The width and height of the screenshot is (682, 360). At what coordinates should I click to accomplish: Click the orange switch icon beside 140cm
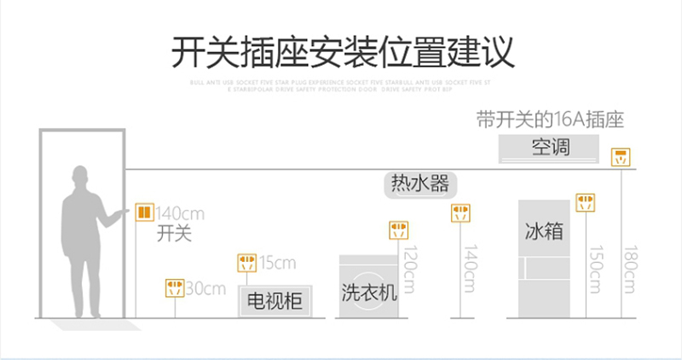[145, 212]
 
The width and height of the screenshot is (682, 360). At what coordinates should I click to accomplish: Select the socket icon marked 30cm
[174, 287]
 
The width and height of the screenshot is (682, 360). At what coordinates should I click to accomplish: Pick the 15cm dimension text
[277, 261]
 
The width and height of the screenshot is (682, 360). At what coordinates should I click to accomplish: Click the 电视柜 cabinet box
[275, 300]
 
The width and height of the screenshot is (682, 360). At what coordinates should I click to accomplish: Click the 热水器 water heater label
[419, 183]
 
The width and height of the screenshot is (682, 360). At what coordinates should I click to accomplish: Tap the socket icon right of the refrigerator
[585, 202]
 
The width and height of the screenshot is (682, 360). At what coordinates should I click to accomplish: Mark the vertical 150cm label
[593, 270]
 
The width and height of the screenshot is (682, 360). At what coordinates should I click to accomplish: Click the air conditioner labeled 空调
[550, 148]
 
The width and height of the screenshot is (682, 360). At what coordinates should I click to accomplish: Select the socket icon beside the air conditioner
[622, 156]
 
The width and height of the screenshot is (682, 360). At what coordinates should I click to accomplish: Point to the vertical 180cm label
[630, 270]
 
